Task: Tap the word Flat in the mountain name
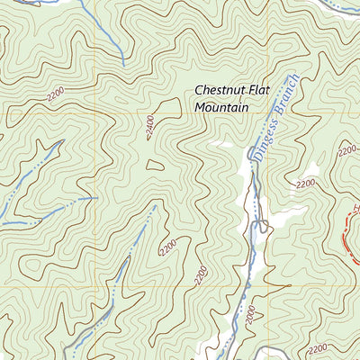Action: click(x=267, y=91)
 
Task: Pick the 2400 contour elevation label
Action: click(x=148, y=129)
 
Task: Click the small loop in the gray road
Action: click(x=264, y=225)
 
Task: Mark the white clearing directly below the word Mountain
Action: click(x=220, y=144)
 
